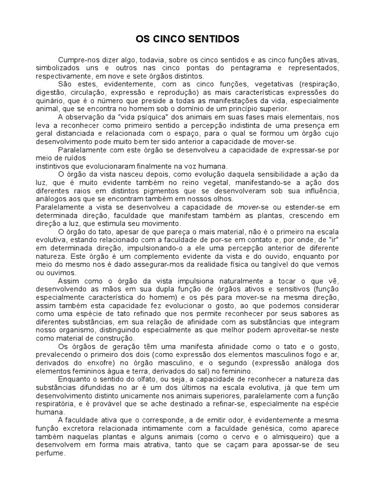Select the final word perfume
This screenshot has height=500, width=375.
click(50, 453)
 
